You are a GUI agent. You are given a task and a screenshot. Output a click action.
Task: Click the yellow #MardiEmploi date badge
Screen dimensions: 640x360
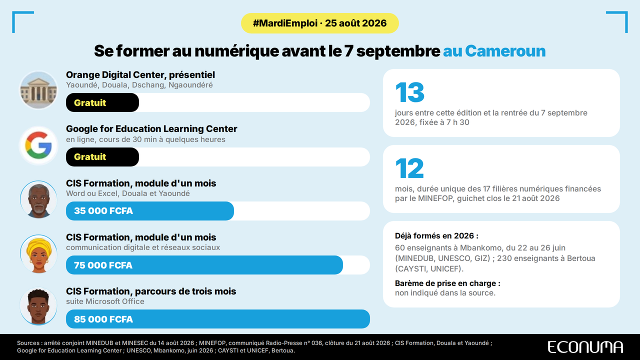[x=319, y=23]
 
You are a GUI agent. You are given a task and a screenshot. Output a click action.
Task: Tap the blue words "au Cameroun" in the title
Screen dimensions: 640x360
[x=494, y=51]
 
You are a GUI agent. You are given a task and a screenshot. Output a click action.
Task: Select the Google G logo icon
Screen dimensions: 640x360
[x=38, y=145]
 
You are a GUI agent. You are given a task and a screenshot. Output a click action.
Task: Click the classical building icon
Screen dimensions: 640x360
[x=38, y=90]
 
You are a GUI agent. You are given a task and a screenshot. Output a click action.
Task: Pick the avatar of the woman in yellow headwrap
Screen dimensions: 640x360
[x=38, y=253]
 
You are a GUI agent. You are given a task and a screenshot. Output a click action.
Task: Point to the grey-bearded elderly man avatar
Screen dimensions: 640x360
[x=38, y=199]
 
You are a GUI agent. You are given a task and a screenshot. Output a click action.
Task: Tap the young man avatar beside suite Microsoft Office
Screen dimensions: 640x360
[x=38, y=306]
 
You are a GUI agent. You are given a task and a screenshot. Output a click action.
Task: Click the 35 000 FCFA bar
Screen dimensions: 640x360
[x=149, y=211]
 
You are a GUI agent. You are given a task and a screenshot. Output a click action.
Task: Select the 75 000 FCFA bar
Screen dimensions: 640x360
[x=204, y=265]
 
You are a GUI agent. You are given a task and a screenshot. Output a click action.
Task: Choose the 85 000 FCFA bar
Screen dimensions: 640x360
[x=217, y=319]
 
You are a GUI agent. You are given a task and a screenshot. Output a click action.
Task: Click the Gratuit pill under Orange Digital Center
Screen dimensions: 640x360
[x=102, y=102]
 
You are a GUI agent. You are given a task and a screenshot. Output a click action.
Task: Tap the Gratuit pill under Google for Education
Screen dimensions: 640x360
[x=102, y=157]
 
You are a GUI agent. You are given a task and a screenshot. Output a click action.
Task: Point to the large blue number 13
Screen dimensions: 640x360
[x=409, y=92]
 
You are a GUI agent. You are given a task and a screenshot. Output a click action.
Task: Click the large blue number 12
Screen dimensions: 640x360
[x=409, y=168]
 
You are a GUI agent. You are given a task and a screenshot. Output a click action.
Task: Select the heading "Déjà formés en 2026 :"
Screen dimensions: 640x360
[x=436, y=235]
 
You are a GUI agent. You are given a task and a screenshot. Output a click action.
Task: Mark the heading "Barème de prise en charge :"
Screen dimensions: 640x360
[x=447, y=283]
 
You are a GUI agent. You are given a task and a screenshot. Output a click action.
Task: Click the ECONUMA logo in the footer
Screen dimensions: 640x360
[x=585, y=347]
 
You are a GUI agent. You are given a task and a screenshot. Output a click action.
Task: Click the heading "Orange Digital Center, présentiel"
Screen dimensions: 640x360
[x=140, y=75]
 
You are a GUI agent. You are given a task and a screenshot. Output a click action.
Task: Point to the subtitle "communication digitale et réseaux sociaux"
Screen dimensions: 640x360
[x=143, y=247]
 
